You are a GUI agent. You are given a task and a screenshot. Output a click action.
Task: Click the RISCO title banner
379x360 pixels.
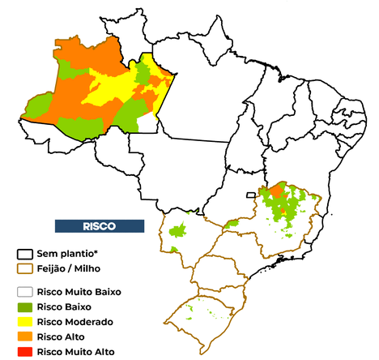click(99, 225)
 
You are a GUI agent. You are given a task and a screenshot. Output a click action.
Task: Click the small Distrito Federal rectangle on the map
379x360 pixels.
click(251, 195)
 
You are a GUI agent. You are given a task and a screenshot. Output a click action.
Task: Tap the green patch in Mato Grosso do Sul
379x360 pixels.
click(179, 230)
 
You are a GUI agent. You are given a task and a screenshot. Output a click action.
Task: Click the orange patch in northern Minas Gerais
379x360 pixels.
click(275, 191)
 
